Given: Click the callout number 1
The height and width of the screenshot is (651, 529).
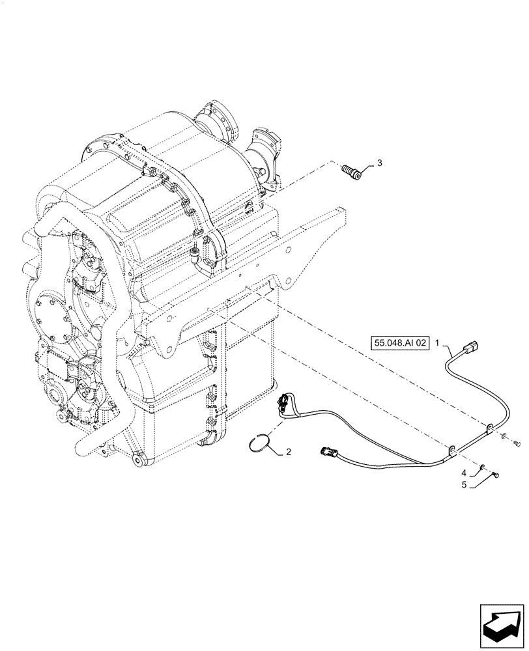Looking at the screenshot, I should click(438, 341).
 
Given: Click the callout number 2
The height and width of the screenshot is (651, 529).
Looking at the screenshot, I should click(288, 452).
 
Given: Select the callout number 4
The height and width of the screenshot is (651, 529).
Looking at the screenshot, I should click(464, 472).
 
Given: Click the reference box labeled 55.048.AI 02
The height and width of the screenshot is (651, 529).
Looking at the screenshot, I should click(400, 342).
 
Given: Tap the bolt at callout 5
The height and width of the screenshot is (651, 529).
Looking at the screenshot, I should click(496, 477).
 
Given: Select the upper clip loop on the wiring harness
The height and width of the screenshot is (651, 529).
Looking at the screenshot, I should click(490, 428).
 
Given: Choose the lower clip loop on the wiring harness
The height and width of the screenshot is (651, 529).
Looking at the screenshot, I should click(451, 449).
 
